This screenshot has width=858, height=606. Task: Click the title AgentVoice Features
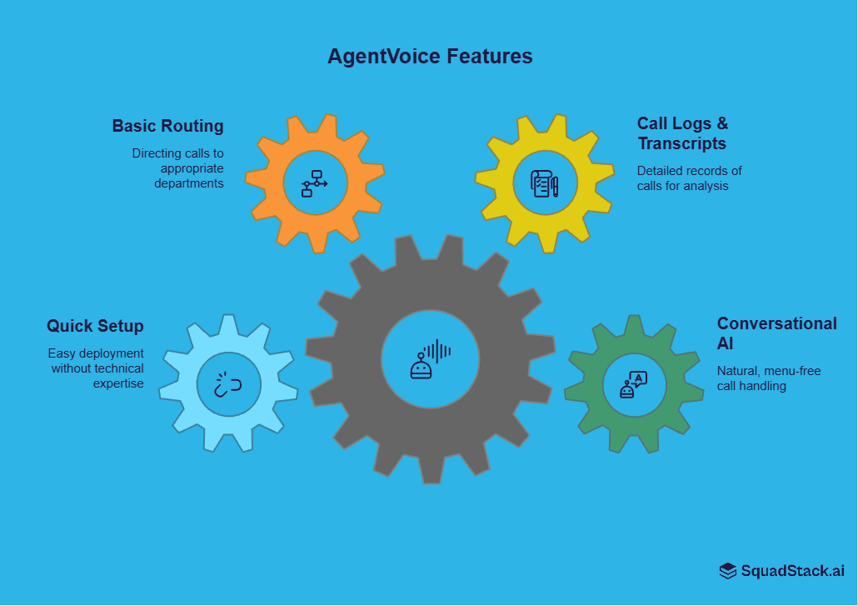(x=430, y=57)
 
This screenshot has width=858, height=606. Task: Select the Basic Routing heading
(x=168, y=126)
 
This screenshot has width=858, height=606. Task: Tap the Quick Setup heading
(x=95, y=326)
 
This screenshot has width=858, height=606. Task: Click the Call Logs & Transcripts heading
(x=682, y=133)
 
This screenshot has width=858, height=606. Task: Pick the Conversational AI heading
(x=776, y=333)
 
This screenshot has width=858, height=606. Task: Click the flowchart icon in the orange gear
(x=314, y=183)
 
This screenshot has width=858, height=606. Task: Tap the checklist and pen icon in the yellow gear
(x=545, y=183)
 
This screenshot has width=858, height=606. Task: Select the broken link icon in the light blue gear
(x=227, y=384)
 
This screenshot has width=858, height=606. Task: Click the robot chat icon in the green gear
(x=634, y=384)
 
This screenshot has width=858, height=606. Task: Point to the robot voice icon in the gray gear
(x=430, y=359)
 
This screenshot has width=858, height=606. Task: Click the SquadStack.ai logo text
(x=792, y=571)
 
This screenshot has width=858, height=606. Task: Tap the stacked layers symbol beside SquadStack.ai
(x=728, y=571)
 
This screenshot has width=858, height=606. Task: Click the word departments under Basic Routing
(x=189, y=183)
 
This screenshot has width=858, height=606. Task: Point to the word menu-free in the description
(x=790, y=371)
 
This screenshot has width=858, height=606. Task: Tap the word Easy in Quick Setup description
(x=62, y=353)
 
